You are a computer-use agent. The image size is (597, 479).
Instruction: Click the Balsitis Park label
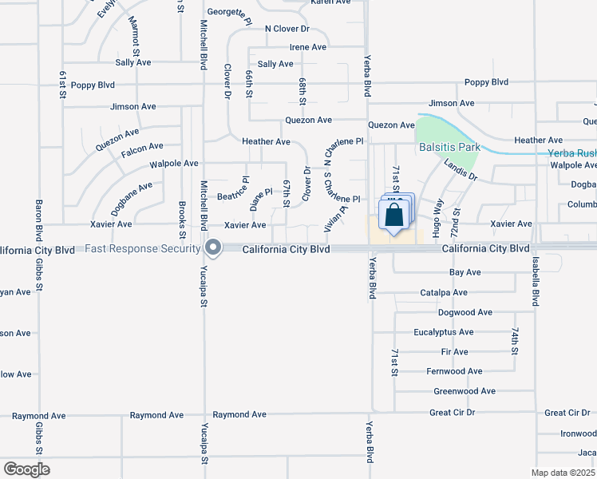point(449,148)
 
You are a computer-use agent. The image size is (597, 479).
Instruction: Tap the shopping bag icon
point(394,215)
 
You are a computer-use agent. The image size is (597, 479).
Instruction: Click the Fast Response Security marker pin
point(213,248)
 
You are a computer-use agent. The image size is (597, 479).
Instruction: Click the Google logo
point(26,469)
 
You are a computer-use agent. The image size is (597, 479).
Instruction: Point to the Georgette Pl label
point(229,13)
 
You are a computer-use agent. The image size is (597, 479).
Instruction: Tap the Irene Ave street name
point(308,48)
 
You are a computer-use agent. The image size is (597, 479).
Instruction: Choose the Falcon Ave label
point(142,146)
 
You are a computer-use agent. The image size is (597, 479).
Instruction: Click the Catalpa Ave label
point(444,293)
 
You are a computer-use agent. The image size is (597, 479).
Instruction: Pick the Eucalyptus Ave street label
point(444,332)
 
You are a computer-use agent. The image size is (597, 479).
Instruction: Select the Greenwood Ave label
point(465,391)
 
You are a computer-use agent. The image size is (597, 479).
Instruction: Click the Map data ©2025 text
point(563,473)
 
